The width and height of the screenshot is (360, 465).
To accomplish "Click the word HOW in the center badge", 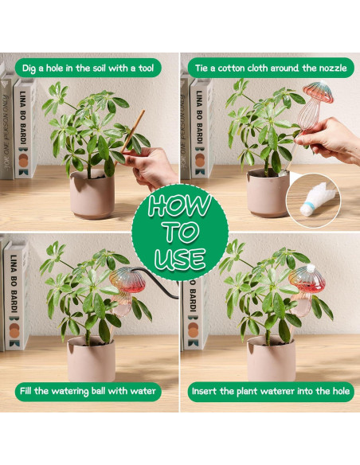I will [179, 205].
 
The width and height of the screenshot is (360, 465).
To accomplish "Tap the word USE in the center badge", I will [180, 259].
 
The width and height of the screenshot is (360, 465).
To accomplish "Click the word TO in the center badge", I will [180, 232].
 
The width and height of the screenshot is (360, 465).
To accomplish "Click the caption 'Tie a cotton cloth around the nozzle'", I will [271, 68].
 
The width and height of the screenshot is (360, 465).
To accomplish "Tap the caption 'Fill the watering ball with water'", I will [88, 391].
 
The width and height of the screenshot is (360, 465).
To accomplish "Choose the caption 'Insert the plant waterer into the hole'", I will [271, 391].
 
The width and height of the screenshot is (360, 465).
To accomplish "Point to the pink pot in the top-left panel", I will [92, 196].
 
